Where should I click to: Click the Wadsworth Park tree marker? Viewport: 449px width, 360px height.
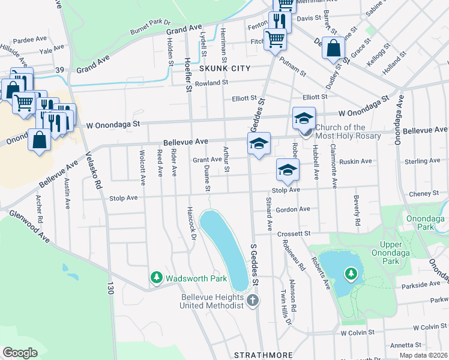[x=157, y=278]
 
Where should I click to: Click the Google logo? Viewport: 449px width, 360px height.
[x=20, y=353]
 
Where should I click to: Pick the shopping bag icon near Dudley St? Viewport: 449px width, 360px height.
[x=334, y=47]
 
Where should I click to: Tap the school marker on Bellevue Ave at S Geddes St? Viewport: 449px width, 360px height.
[x=259, y=144]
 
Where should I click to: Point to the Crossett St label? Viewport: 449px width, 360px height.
[x=294, y=233]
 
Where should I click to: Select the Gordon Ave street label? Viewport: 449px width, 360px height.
[x=293, y=209]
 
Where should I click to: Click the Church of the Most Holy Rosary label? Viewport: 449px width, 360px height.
[x=348, y=131]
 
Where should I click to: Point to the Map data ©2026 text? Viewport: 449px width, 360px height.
[x=423, y=355]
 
